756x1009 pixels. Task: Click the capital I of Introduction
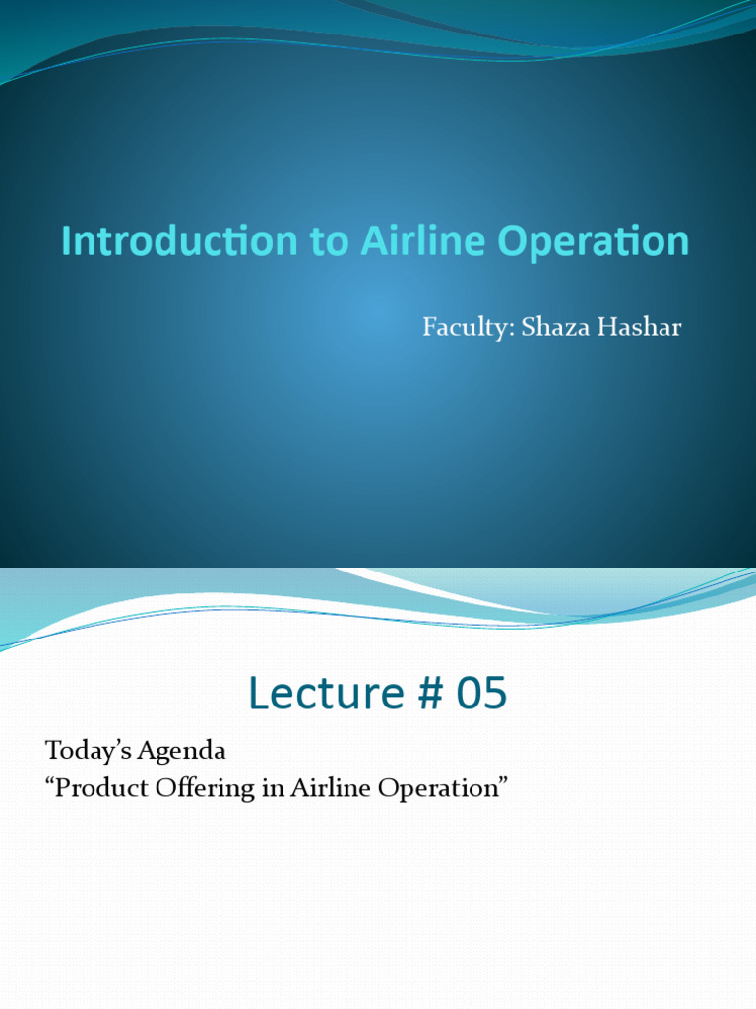[x=66, y=241]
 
